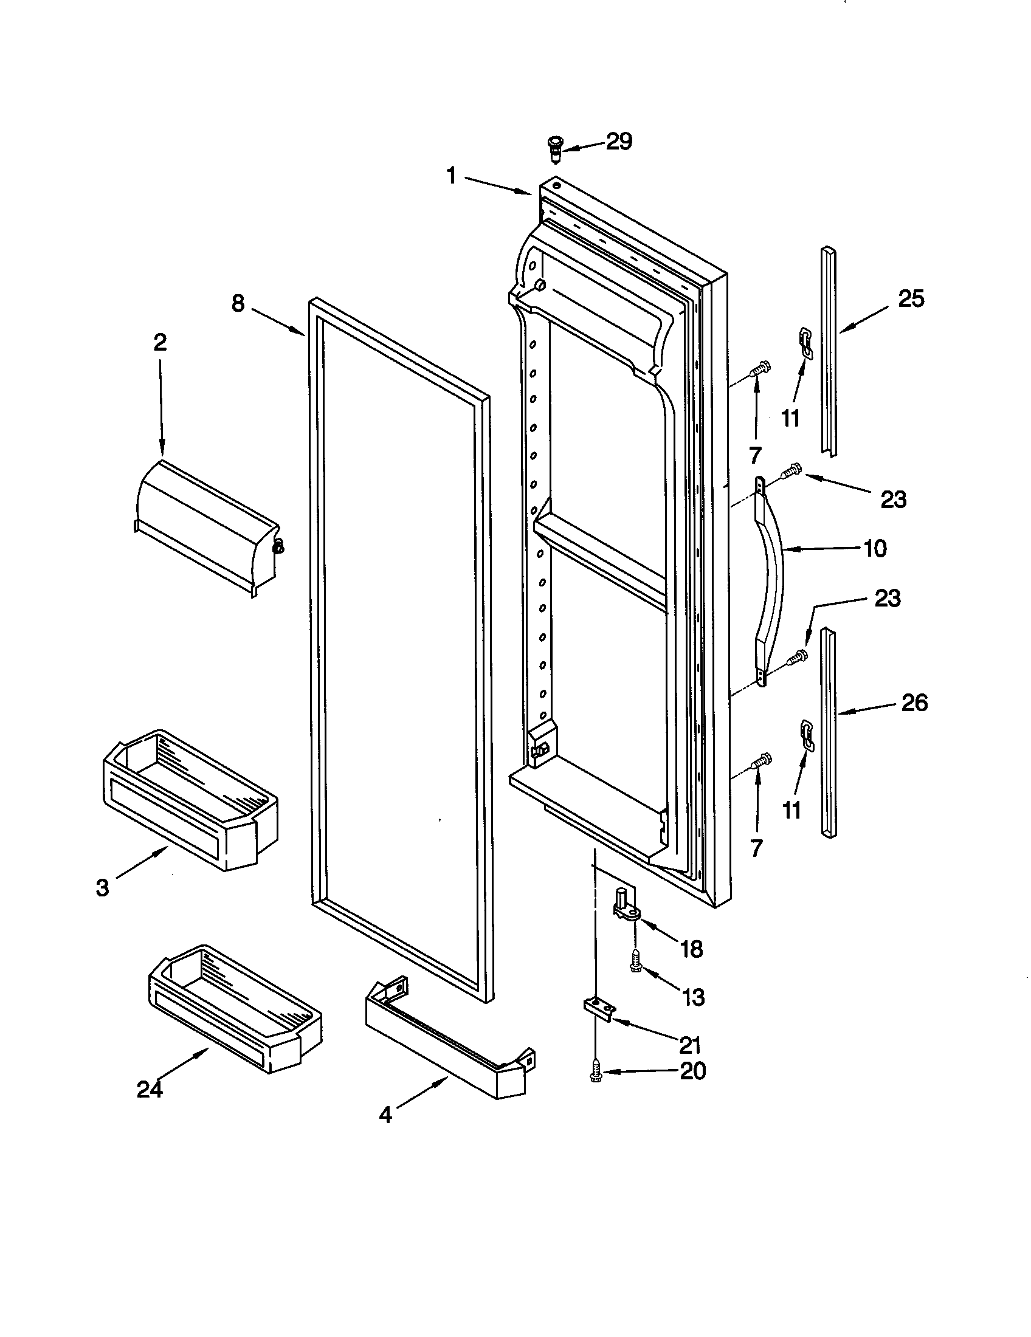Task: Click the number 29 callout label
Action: (618, 142)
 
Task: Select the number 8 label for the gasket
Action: (238, 303)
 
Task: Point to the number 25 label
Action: (911, 299)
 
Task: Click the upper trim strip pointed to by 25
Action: (830, 352)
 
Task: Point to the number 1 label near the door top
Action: (451, 177)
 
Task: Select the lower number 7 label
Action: (756, 848)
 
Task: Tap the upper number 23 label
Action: (893, 500)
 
